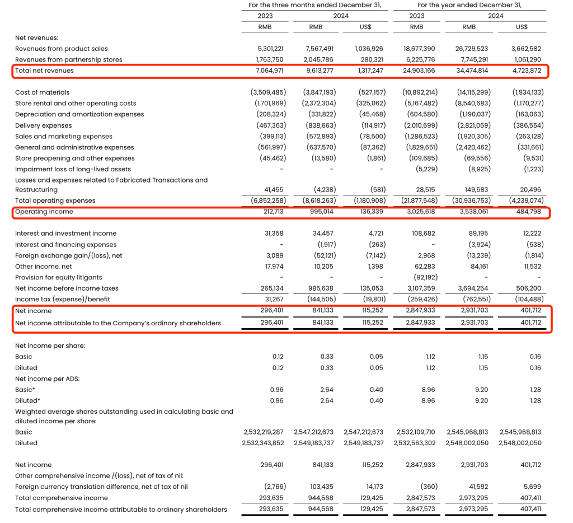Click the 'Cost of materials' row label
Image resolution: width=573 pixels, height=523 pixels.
coord(43,92)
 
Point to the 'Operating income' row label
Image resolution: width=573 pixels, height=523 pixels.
coord(44,212)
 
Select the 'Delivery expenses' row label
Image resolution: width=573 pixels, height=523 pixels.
coord(44,125)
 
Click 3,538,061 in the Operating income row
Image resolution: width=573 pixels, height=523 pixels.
coord(475,212)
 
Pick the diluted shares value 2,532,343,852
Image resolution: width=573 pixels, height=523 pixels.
coord(264,443)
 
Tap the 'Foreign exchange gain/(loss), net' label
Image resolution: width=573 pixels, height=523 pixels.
coord(69,255)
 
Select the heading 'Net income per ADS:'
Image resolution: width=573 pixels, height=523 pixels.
coord(47,379)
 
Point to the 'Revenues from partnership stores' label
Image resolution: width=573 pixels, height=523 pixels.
coord(69,59)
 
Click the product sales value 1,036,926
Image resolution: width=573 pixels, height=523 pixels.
coord(369,49)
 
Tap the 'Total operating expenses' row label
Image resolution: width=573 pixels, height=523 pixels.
coord(55,200)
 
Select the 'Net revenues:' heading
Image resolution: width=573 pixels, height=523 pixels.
coord(37,38)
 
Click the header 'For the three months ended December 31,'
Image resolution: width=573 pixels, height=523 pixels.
coord(314,5)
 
